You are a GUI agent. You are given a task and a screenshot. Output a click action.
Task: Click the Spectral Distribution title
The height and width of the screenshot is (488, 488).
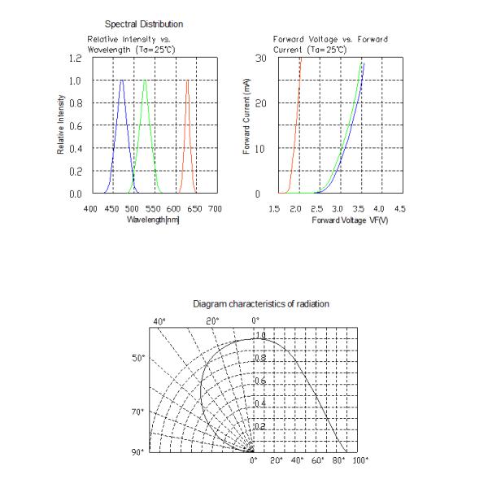coord(144,24)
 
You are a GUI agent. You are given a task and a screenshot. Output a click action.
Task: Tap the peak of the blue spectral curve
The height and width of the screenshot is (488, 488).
coord(122,81)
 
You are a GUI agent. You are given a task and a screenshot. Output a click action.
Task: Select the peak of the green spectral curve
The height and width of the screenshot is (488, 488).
coord(145,81)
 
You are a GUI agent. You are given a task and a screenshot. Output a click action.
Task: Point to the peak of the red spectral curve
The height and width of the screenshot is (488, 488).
coord(187,81)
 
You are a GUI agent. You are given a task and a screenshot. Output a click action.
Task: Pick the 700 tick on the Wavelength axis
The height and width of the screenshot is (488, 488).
coord(216,209)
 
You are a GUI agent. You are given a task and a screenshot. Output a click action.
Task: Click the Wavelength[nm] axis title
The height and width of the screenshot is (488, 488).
coord(153,220)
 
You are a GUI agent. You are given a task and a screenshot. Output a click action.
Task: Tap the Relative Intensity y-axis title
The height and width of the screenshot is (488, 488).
coord(60,126)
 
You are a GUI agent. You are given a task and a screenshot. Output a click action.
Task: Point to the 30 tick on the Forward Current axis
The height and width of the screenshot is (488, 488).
coord(260,59)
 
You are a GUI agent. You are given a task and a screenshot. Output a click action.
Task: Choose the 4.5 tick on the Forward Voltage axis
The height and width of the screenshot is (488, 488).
coord(399,209)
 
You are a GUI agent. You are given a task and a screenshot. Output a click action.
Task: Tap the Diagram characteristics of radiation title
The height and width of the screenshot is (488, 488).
coord(261,303)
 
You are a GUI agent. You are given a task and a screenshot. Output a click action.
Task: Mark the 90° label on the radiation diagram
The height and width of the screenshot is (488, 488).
coord(141,451)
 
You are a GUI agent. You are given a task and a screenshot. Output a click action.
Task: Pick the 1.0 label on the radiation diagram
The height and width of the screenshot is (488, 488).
coord(260,336)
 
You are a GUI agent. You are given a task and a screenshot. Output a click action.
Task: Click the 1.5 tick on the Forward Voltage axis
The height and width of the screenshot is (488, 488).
coord(274,209)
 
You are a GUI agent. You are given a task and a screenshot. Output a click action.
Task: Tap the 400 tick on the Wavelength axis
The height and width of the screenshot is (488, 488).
coord(91,209)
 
